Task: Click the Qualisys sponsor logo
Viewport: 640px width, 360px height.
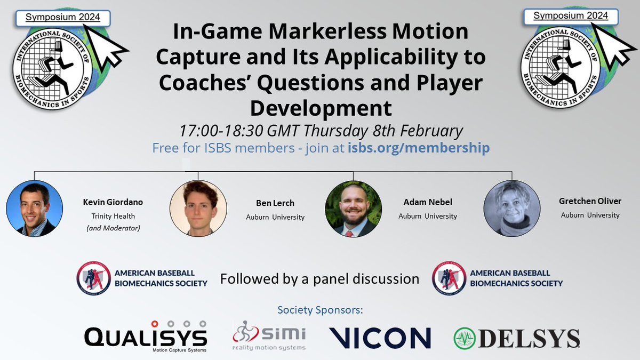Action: pyautogui.click(x=146, y=337)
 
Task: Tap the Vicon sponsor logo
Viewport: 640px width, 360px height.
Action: pyautogui.click(x=380, y=338)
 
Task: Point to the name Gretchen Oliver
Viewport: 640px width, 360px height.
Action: pyautogui.click(x=590, y=202)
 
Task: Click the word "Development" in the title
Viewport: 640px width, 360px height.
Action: pyautogui.click(x=321, y=108)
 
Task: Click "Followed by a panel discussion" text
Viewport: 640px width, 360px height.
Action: pyautogui.click(x=320, y=279)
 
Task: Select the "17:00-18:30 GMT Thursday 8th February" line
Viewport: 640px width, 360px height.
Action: pyautogui.click(x=321, y=131)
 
